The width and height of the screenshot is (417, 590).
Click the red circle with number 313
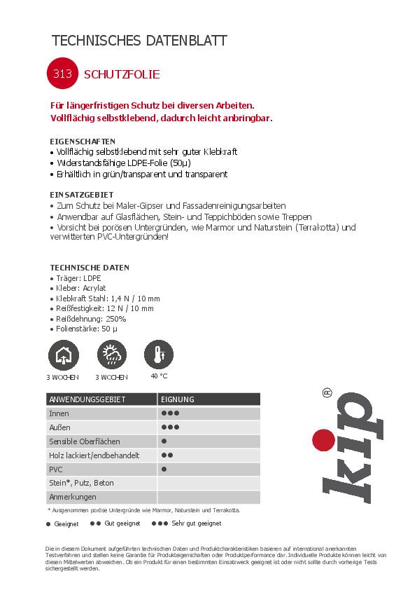tap(62, 74)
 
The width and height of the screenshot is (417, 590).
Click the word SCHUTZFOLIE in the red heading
tap(122, 74)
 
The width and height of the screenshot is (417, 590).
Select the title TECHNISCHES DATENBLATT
tap(139, 41)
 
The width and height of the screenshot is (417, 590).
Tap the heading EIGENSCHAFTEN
tap(83, 141)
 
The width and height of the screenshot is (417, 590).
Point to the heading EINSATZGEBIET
tap(81, 194)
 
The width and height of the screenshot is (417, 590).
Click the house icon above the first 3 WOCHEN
tap(62, 355)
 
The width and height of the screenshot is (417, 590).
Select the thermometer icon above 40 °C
tap(159, 355)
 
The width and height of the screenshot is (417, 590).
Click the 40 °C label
tap(159, 376)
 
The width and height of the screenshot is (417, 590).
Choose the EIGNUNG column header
tap(178, 399)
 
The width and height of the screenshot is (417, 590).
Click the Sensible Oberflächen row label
tap(84, 441)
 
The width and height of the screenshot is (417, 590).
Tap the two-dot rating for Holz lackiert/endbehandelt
tap(167, 455)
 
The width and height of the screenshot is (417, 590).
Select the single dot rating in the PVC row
tap(164, 469)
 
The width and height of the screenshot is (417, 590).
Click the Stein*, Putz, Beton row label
tap(81, 483)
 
